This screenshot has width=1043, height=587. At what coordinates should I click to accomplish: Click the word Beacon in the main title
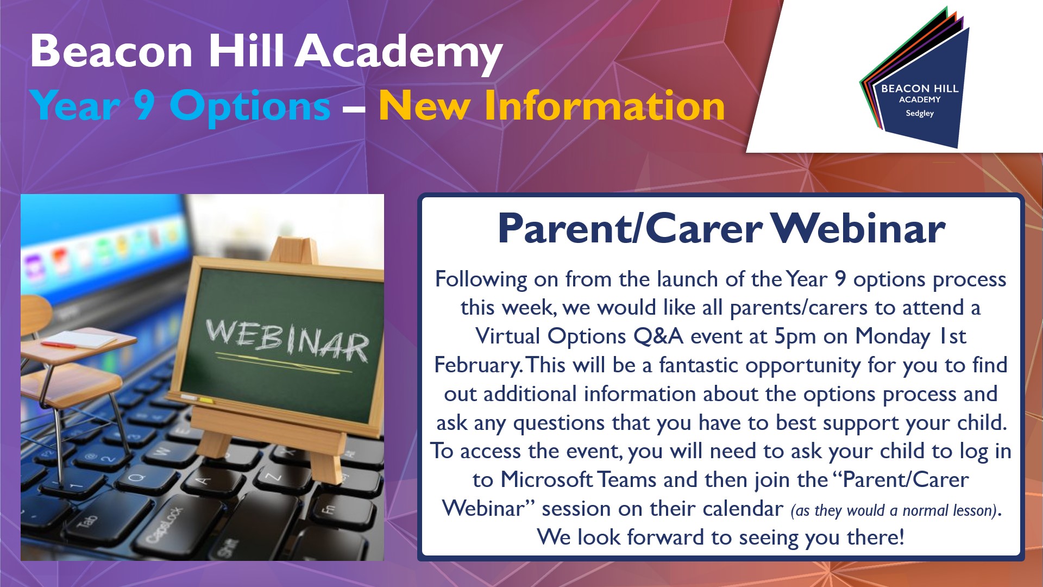point(111,51)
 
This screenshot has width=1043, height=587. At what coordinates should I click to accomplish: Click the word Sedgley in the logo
point(920,114)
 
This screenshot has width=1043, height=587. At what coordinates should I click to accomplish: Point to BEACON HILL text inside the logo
point(920,88)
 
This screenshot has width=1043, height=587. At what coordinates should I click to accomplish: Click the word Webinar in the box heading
point(858,228)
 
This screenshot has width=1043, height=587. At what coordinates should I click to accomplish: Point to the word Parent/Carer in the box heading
point(630,229)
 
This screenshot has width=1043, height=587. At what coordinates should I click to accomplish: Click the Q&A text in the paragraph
point(658,336)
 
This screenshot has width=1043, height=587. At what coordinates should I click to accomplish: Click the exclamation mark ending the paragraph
point(902,537)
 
